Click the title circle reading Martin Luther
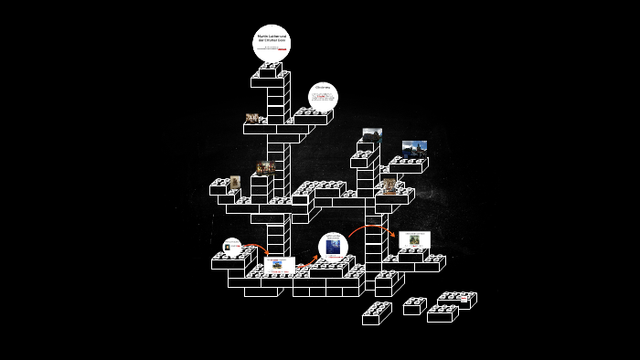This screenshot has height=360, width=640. click(x=271, y=42)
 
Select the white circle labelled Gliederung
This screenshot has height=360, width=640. click(x=323, y=96)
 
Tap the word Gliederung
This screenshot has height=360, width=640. click(x=323, y=88)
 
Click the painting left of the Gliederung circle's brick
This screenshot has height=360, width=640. click(x=253, y=118)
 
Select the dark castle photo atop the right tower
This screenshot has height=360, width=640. click(x=372, y=134)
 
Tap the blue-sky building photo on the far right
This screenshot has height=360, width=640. click(x=414, y=147)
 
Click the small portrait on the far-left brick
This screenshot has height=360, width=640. click(x=235, y=182)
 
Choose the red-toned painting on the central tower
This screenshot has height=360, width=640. click(x=266, y=167)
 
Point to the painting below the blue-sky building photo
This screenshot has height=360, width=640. click(x=390, y=187)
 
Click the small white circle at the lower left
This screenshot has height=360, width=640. click(x=232, y=246)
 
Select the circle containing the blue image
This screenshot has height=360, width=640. click(x=333, y=248)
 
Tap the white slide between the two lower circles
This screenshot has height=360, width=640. click(x=280, y=264)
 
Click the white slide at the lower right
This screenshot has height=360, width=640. click(x=414, y=239)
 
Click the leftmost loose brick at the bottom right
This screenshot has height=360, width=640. click(x=376, y=314)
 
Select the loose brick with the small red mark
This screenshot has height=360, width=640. click(x=413, y=305)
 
